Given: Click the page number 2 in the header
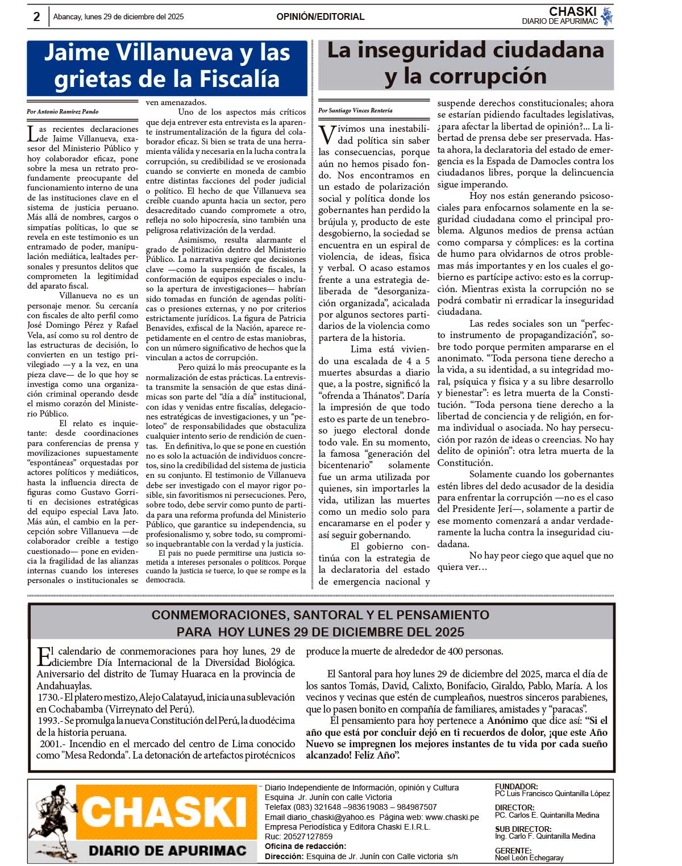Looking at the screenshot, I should tap(36, 16).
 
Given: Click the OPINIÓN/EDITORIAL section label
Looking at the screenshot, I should tap(321, 16).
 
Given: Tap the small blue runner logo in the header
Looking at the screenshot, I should tap(606, 16).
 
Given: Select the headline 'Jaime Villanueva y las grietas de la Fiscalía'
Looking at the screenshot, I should tap(167, 66).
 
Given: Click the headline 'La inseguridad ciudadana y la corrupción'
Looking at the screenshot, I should tap(465, 63).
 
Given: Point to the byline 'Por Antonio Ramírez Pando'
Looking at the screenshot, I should tap(63, 111).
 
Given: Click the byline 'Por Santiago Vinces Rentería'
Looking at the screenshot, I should tap(355, 110).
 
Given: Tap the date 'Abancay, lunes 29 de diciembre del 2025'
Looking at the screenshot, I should tap(118, 16).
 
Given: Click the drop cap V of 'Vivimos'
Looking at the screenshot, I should tap(326, 135).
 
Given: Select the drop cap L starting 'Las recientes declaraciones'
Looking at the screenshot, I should tap(32, 134).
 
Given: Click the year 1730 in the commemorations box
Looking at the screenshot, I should tap(48, 697).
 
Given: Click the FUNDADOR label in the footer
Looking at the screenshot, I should tap(516, 786).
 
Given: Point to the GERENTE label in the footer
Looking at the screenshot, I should tap(513, 850).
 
